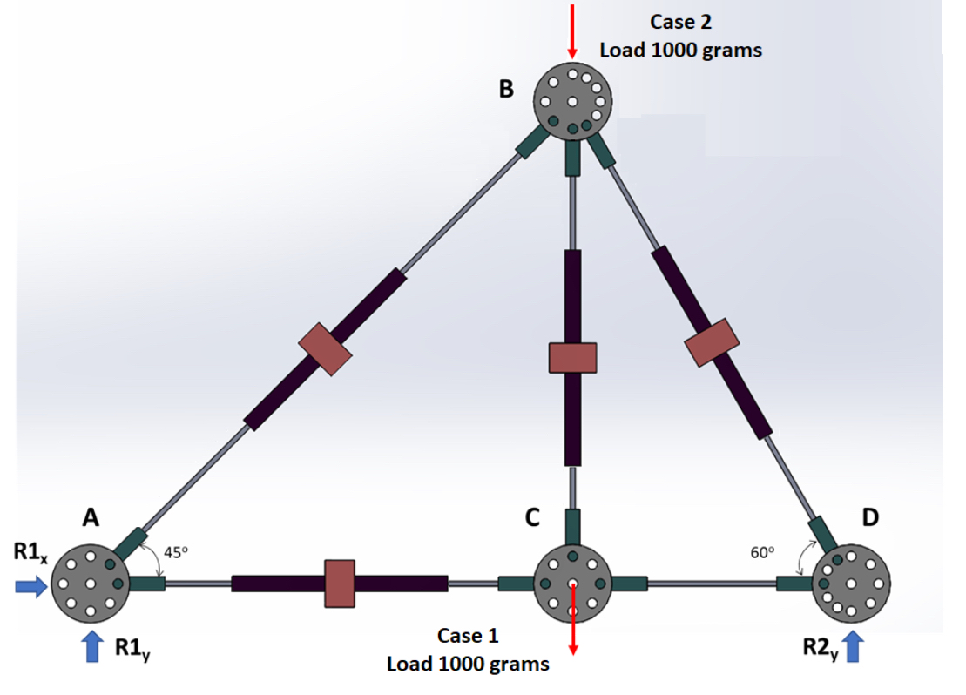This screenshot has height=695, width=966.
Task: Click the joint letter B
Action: point(506,88)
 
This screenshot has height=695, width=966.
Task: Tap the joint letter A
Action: point(90,517)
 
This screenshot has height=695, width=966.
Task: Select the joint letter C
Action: point(531,517)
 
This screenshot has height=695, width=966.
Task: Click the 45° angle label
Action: point(177,551)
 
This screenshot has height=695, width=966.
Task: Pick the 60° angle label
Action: point(761,551)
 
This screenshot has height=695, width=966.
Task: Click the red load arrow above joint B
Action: point(572,30)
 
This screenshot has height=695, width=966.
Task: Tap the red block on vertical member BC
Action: point(572,356)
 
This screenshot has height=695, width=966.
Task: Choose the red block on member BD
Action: point(712,342)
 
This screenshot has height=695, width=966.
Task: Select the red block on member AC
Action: point(339,584)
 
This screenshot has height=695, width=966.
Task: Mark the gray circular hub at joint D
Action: point(850,583)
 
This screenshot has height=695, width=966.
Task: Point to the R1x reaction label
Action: point(30,553)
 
